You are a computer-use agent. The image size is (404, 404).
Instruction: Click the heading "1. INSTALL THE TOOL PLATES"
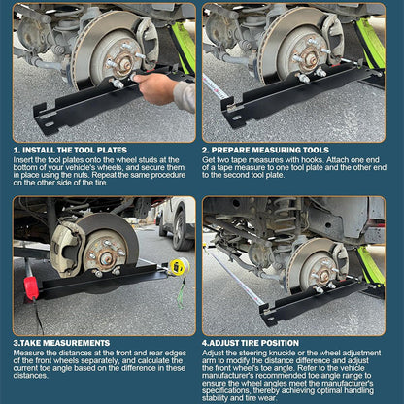pyautogui.click(x=69, y=150)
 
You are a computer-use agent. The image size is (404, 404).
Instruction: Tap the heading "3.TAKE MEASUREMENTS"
pyautogui.click(x=61, y=342)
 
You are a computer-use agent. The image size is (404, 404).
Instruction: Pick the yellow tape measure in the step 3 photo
pyautogui.click(x=178, y=266)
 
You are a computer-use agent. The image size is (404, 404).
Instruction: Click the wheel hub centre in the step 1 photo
pyautogui.click(x=123, y=62)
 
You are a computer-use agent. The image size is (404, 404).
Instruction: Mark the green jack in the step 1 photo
pyautogui.click(x=184, y=44)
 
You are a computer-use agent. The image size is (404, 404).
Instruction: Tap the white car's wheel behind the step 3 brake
pyautogui.click(x=180, y=228)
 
